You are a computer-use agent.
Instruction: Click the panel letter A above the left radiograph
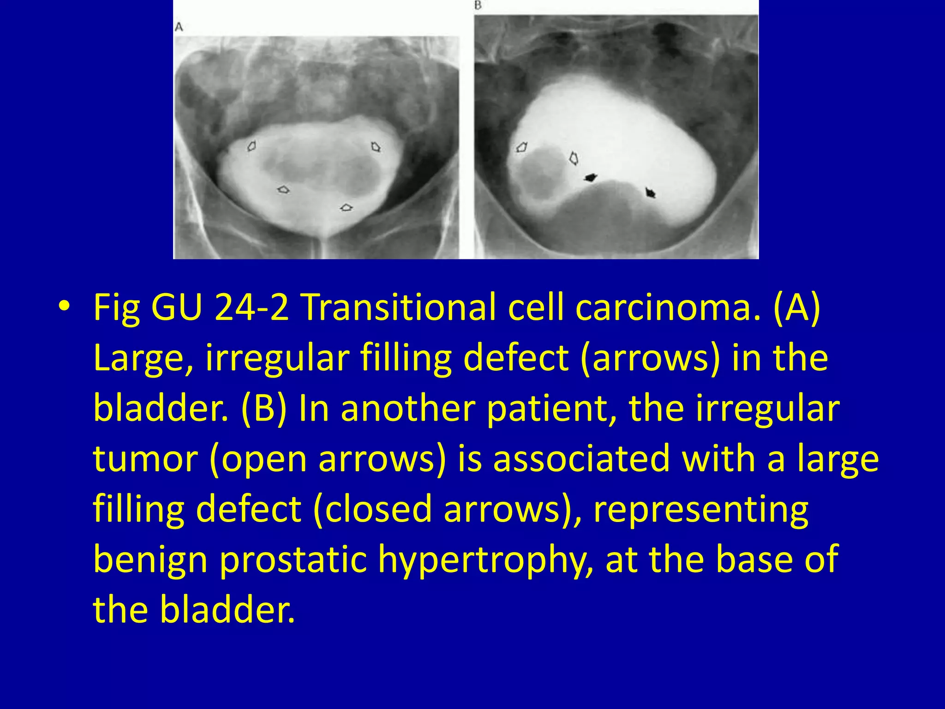tap(179, 27)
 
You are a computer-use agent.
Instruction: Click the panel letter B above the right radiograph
tap(478, 6)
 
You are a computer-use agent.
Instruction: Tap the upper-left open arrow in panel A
tap(251, 146)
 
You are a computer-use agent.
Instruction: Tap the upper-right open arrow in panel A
tap(376, 147)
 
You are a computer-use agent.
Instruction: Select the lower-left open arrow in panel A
tap(283, 189)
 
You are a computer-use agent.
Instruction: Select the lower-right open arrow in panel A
tap(346, 208)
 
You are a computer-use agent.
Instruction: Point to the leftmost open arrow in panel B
tap(521, 148)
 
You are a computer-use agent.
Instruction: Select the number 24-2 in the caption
tap(251, 307)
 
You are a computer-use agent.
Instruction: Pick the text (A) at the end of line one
tap(797, 307)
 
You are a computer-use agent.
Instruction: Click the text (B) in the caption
tap(264, 408)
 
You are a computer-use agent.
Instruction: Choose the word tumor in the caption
tap(144, 459)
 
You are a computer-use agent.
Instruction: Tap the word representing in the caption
tap(700, 510)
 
